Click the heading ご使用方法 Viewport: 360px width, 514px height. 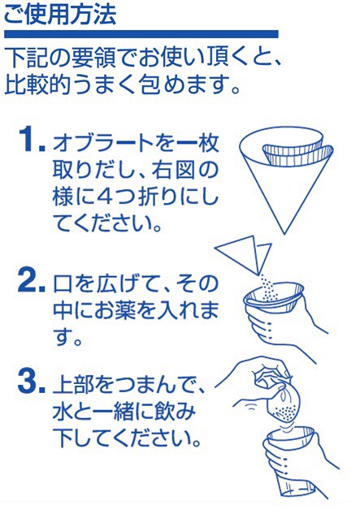pyautogui.click(x=60, y=14)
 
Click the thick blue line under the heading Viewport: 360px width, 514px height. pyautogui.click(x=141, y=34)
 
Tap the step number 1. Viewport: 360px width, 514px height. pyautogui.click(x=32, y=140)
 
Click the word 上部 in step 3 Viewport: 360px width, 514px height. pyautogui.click(x=73, y=385)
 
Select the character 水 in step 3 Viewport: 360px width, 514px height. pyautogui.click(x=63, y=412)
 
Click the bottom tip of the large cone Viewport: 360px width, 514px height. pyautogui.click(x=284, y=234)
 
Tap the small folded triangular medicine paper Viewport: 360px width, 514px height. pyautogui.click(x=244, y=255)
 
